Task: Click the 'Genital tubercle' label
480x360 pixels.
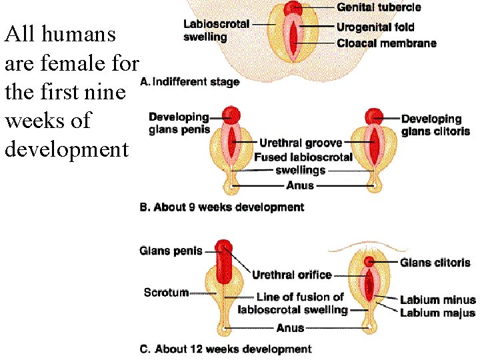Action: pos(379,7)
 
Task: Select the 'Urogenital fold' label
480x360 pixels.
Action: pos(375,27)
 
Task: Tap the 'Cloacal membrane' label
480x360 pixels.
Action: pos(387,43)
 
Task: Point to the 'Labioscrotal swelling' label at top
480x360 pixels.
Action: pos(217,29)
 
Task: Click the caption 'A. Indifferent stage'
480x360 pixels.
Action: pos(190,82)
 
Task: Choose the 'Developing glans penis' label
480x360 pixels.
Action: pos(179,124)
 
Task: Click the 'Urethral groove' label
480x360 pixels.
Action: pos(301,143)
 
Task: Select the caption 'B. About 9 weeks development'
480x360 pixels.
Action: pos(221,207)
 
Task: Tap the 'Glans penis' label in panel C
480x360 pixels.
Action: pos(171,251)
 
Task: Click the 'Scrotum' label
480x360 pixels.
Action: pos(166,292)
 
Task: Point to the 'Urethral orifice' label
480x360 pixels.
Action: pos(291,275)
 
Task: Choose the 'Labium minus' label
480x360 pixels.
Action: pos(437,300)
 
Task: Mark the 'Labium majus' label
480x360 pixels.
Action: pos(437,313)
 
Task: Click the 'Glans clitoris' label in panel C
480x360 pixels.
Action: pos(435,263)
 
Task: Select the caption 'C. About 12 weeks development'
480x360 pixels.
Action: pos(225,349)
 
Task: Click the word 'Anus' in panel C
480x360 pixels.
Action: pos(290,328)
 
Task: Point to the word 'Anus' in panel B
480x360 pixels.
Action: pos(299,185)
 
